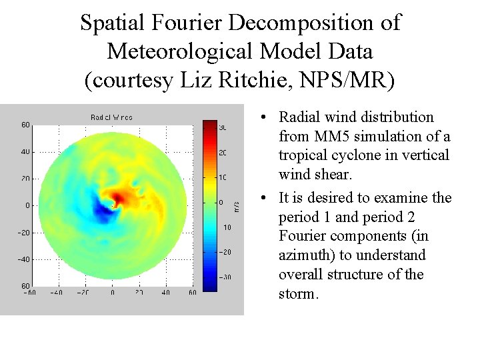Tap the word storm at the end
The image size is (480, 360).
[297, 294]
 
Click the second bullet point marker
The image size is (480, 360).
[265, 199]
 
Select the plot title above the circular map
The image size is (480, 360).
[111, 117]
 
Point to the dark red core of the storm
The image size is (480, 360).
[120, 197]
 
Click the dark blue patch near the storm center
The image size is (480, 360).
[104, 212]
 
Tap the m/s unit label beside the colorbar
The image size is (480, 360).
[236, 206]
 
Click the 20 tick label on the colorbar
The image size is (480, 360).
[223, 153]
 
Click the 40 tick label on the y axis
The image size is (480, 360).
[25, 151]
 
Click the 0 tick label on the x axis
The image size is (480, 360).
[112, 293]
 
